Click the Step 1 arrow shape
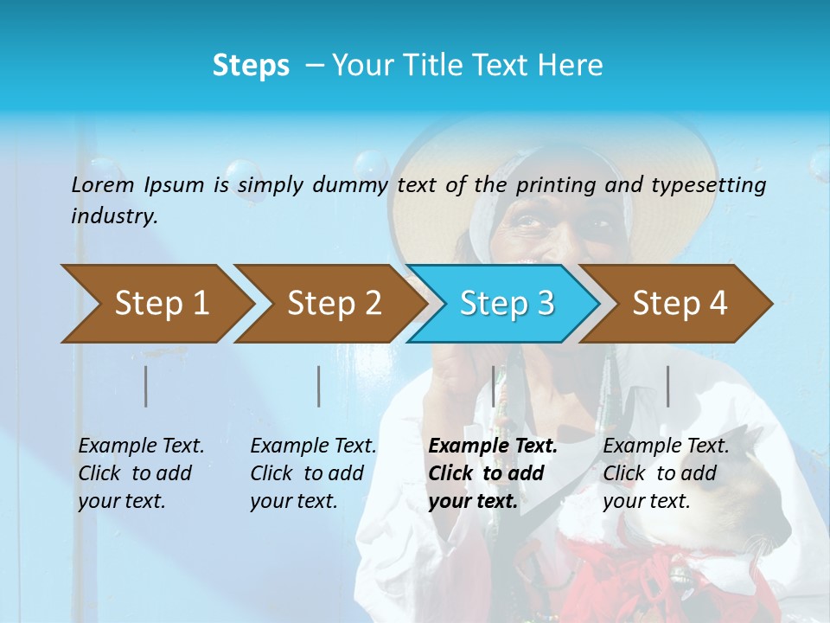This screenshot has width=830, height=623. pos(161,303)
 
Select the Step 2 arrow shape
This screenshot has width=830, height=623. pos(334,303)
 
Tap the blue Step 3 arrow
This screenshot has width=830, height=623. pos(507,303)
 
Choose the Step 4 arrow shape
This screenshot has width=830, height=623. pos(680,303)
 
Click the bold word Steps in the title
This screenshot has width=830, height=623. pos(251,66)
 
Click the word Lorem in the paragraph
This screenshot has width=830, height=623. pos(102,184)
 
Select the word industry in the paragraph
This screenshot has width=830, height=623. pos(113,215)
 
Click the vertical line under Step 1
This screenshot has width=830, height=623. pos(146,386)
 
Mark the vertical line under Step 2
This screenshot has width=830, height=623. pos(319,386)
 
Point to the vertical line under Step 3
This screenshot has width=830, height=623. pos(494,386)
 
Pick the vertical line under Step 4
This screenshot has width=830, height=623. pos(668,386)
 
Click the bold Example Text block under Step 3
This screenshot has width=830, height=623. pos(493,473)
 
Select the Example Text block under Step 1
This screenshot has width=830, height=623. pos(141,473)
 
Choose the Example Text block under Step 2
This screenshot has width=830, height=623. pos(313,473)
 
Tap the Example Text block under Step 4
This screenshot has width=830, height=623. pos(666,473)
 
